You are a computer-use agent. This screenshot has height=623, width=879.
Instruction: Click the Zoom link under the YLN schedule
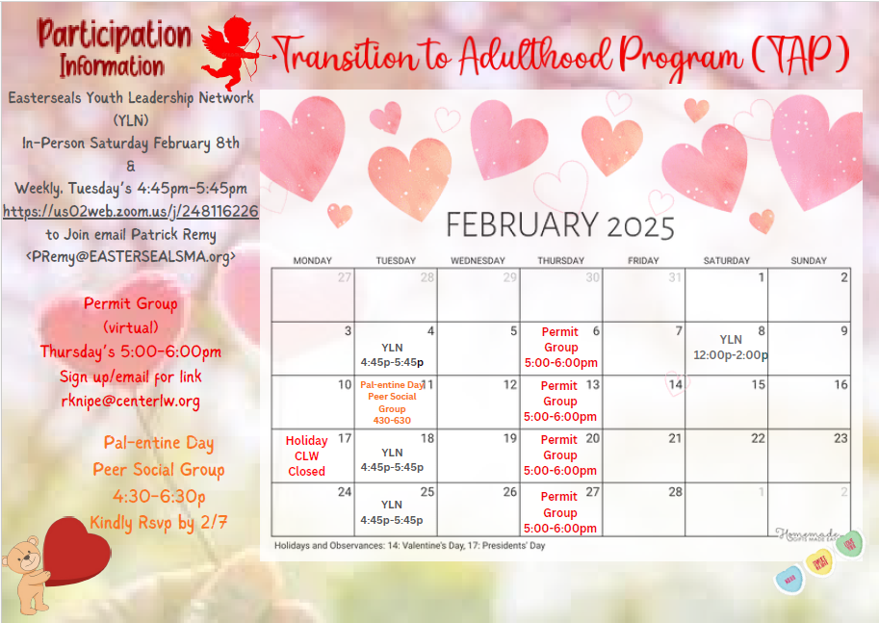tap(131, 211)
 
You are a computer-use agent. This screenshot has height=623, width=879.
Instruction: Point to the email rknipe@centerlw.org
tap(130, 400)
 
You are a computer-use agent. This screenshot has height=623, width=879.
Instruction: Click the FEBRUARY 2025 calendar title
tap(559, 225)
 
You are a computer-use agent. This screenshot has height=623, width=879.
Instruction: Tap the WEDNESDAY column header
tap(478, 261)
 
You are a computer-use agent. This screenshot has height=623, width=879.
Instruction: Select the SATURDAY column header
tap(726, 261)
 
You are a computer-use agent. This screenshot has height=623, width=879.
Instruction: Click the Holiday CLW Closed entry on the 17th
tap(306, 456)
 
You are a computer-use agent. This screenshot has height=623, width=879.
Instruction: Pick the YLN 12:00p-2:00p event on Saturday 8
tap(731, 348)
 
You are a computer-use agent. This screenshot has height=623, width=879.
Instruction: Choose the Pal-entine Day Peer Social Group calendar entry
tap(393, 402)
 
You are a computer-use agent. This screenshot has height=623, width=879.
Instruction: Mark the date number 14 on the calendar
tap(675, 384)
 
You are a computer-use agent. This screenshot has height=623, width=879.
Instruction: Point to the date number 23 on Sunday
tap(840, 438)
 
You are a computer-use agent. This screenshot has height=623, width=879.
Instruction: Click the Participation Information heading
tap(114, 49)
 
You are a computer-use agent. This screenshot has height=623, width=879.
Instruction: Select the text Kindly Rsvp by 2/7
tap(158, 523)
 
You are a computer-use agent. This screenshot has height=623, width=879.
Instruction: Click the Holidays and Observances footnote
tap(409, 546)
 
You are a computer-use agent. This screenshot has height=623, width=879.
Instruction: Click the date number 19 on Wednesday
tap(510, 438)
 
